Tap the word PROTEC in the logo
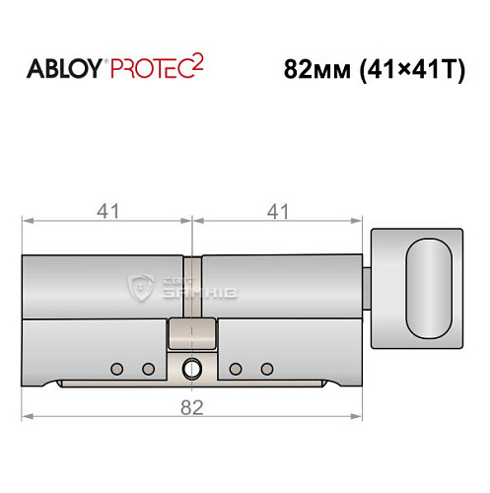(146, 71)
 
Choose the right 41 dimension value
(281, 210)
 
